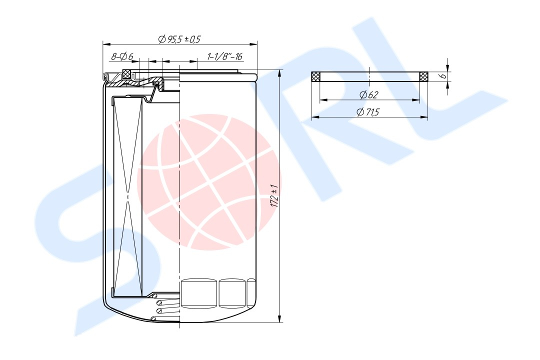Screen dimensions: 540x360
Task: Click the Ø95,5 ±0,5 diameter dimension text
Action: coord(179,39)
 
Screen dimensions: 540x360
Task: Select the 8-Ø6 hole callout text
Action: coord(122,56)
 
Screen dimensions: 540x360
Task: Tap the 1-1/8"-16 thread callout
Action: coord(225,56)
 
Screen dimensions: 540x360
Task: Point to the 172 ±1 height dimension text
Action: coord(274,195)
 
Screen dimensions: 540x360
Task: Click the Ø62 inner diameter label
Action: coord(369,94)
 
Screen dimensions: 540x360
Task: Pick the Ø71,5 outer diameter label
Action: coord(368,112)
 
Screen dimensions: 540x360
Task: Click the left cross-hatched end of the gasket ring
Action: coord(316,77)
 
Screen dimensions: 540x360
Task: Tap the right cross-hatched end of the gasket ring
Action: coord(423,77)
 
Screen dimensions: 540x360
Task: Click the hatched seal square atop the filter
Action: coord(127,73)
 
